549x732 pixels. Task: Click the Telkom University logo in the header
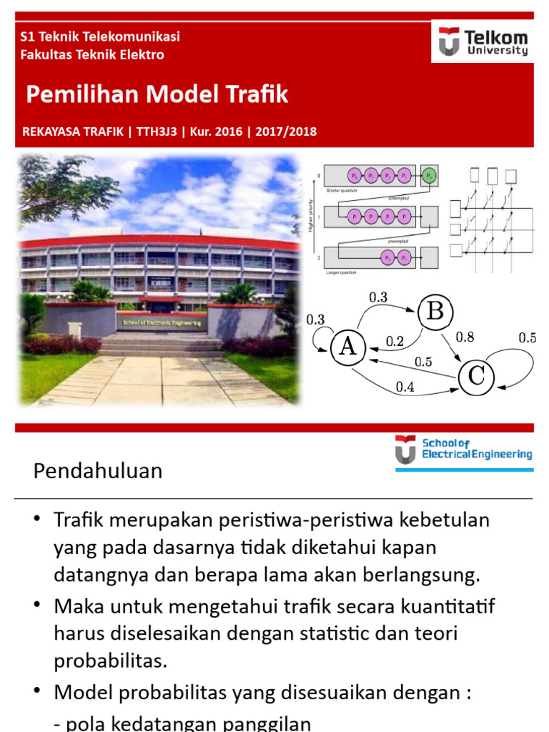click(x=483, y=41)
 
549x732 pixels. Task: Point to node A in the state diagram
click(x=348, y=347)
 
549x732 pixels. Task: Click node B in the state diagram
click(x=435, y=312)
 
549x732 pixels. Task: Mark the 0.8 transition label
click(x=465, y=337)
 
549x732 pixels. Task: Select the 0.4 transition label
click(x=405, y=388)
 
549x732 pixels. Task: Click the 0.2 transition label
click(x=395, y=342)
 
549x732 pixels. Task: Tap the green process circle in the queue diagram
click(x=429, y=175)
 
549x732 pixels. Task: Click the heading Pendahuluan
click(x=99, y=471)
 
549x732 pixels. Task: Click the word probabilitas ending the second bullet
click(x=110, y=660)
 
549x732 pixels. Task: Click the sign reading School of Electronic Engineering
click(x=162, y=322)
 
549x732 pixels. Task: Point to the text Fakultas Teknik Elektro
click(x=93, y=54)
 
